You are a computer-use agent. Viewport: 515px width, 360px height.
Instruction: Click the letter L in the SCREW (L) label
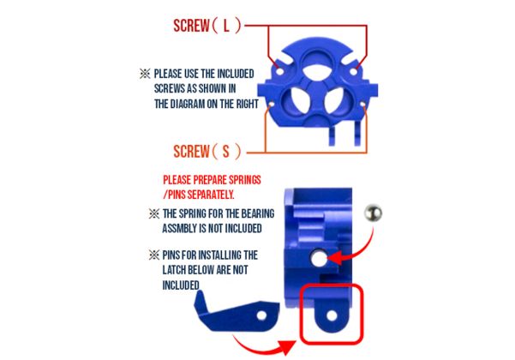click(x=226, y=26)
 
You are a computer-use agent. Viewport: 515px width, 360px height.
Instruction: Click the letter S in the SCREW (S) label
click(x=225, y=152)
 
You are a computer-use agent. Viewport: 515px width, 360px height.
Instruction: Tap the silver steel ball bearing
click(x=373, y=213)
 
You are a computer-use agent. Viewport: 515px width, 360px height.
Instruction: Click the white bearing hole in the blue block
click(x=319, y=258)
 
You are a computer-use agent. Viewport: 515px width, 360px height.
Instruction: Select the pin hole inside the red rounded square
click(x=332, y=316)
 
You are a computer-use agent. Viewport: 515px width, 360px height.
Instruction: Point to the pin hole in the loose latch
click(x=261, y=315)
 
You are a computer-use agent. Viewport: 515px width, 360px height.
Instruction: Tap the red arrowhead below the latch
click(x=286, y=347)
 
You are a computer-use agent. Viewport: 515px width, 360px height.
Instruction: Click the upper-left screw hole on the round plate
click(x=279, y=71)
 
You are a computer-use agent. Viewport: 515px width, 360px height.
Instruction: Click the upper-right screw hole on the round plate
click(x=354, y=71)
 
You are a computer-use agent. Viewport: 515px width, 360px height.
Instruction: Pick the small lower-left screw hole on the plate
click(x=271, y=105)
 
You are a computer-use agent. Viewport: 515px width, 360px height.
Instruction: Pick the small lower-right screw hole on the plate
click(x=362, y=105)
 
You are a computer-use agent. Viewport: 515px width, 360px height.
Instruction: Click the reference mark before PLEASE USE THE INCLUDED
click(x=145, y=74)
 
